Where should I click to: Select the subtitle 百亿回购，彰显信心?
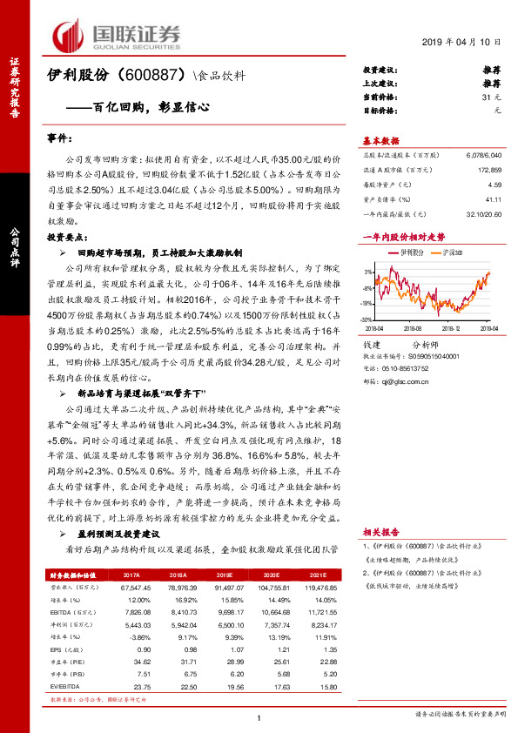[153, 109]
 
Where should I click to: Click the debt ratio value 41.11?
[494, 199]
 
